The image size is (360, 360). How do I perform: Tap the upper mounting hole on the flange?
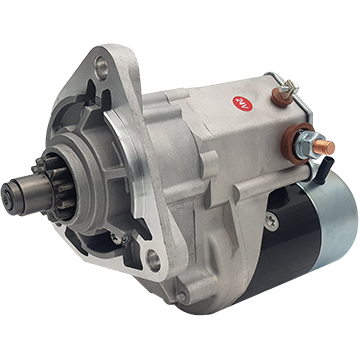(x=101, y=68)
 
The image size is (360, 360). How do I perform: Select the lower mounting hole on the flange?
(x=152, y=262)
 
